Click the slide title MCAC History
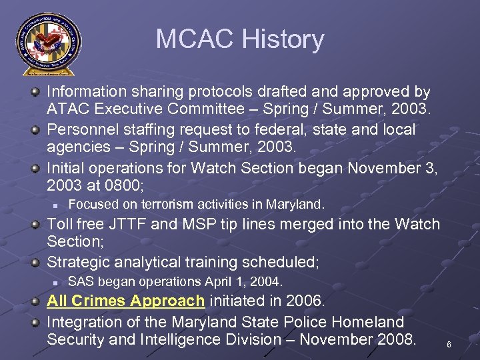pyautogui.click(x=240, y=39)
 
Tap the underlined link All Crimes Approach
pyautogui.click(x=125, y=301)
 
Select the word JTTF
pyautogui.click(x=132, y=224)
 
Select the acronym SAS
pyautogui.click(x=81, y=281)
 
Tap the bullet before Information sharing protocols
pyautogui.click(x=36, y=91)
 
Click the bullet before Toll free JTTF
pyautogui.click(x=36, y=224)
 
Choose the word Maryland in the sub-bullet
pyautogui.click(x=293, y=204)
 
